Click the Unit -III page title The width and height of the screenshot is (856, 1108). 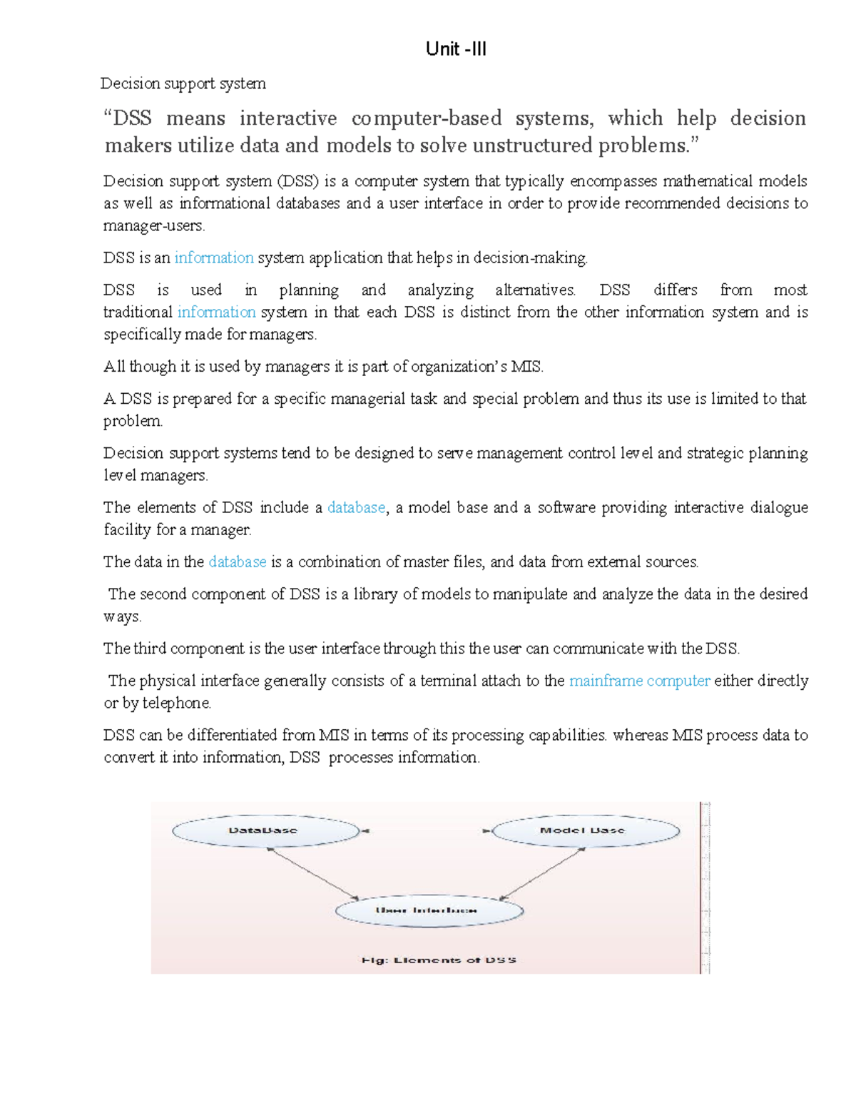[456, 49]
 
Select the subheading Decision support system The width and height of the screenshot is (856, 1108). [183, 83]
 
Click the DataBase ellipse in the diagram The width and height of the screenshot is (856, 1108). [265, 830]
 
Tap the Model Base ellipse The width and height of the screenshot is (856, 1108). [584, 830]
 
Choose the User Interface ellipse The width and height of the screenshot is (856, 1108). [429, 910]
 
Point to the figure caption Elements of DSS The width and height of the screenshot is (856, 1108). [439, 960]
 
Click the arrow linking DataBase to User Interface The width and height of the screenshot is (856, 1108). [313, 873]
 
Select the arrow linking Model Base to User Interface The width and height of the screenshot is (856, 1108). [542, 873]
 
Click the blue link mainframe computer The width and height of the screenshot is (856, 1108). [639, 681]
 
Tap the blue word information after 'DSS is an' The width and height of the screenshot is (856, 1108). [214, 258]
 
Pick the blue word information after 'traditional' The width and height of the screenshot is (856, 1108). [216, 312]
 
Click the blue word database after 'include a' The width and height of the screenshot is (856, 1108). [356, 507]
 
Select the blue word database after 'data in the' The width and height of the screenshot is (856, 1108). [237, 561]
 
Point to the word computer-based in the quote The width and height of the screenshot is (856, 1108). [426, 118]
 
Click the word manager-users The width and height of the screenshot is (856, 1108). [153, 226]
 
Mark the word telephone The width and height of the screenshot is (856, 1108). [176, 703]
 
